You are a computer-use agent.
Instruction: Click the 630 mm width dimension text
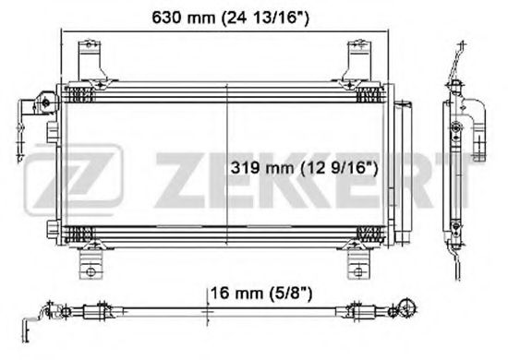pos(230,18)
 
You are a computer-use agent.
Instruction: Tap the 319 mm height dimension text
pos(304,168)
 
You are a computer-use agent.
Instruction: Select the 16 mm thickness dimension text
pos(261,294)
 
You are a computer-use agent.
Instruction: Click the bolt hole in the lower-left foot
pos(91,271)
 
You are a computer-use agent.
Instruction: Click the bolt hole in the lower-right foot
pos(358,271)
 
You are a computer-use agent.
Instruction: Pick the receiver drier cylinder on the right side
pos(403,173)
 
